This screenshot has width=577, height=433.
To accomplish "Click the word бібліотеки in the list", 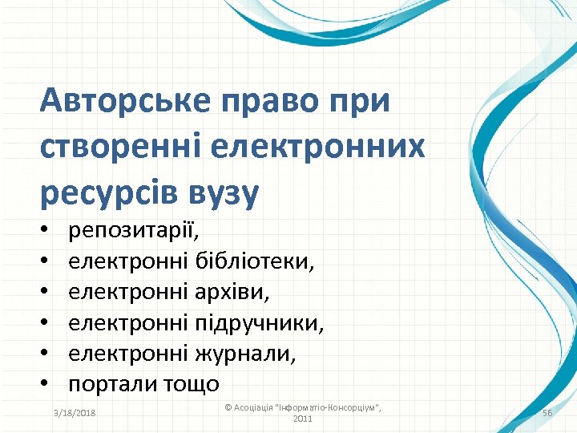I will tap(255, 262).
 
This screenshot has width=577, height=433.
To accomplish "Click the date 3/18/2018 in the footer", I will tap(73, 412).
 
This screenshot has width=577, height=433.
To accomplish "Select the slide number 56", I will tap(548, 412).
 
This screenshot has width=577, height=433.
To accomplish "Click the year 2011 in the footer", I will tap(303, 419).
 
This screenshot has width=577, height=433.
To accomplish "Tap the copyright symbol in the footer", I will tap(228, 407).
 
